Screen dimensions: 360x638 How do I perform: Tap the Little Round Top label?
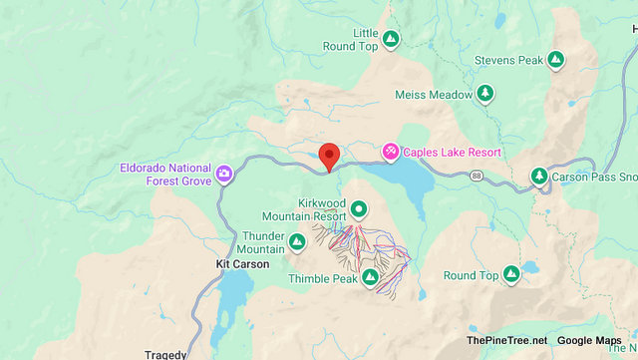(350, 39)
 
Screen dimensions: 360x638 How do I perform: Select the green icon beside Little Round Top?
(391, 40)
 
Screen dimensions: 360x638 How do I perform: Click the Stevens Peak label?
(509, 60)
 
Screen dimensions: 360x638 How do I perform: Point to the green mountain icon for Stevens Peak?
(556, 60)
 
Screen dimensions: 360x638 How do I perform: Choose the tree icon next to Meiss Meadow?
(484, 94)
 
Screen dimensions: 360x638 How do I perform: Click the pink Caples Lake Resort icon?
(391, 152)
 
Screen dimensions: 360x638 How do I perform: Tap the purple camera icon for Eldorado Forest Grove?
(225, 174)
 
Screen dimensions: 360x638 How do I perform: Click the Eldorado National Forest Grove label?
(167, 174)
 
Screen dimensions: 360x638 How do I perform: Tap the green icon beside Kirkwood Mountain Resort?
(358, 209)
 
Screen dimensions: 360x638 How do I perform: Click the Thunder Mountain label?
(263, 242)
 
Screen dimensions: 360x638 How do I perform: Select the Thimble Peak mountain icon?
(370, 277)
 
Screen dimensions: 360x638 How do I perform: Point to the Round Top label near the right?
(471, 275)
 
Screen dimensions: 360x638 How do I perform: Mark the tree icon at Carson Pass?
(539, 177)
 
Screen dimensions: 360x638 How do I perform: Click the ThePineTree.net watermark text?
(505, 341)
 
